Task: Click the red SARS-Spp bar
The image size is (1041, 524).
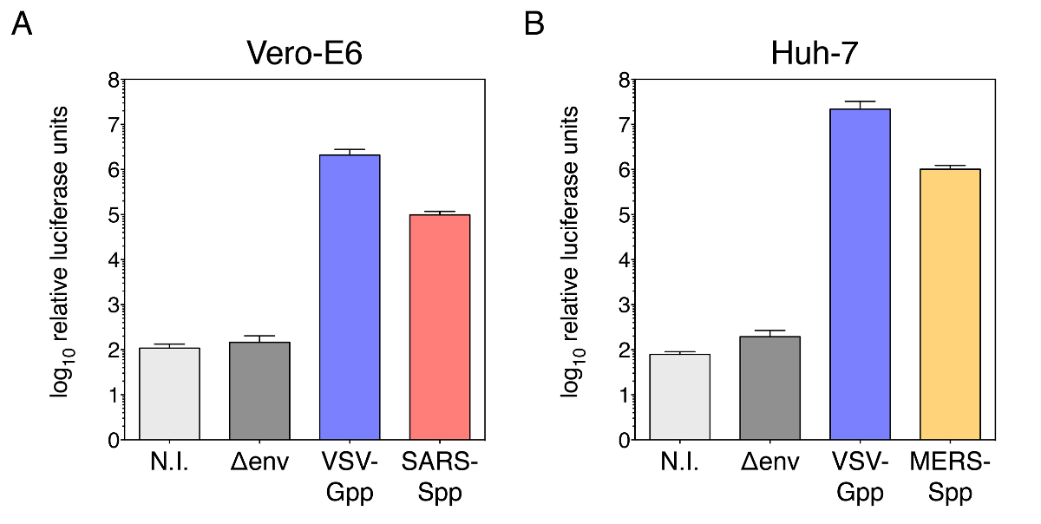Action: click(x=440, y=327)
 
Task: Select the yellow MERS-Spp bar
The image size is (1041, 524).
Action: click(x=950, y=305)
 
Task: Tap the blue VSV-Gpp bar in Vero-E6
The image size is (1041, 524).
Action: click(x=350, y=298)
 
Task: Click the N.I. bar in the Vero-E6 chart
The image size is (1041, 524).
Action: click(x=169, y=394)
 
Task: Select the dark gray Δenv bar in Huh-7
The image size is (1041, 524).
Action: click(x=769, y=388)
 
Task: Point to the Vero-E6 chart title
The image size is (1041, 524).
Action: click(x=304, y=54)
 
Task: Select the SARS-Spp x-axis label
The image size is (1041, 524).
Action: click(x=440, y=477)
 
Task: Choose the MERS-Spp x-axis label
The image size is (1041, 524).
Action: click(x=950, y=477)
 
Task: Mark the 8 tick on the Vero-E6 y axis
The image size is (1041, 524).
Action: click(x=113, y=81)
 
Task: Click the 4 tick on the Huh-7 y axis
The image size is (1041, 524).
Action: click(x=623, y=260)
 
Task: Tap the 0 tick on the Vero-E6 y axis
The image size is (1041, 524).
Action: click(x=113, y=441)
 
